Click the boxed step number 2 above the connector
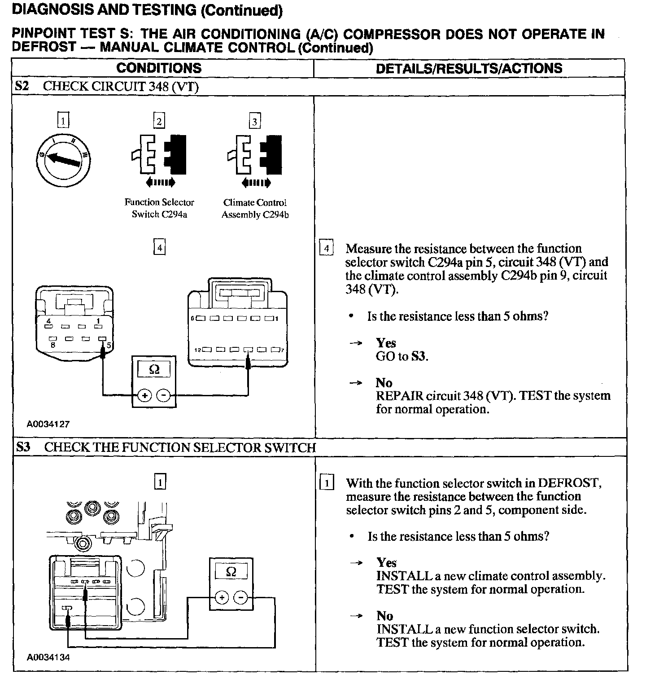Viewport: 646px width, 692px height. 159,121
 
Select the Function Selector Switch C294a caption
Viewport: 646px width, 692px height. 159,208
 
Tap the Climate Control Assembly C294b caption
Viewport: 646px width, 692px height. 255,208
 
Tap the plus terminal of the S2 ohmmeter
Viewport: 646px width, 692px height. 144,395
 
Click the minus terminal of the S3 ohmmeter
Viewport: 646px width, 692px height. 241,597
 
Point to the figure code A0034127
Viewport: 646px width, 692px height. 48,424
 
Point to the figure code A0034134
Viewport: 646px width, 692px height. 48,657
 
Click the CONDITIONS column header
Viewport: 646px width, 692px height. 159,68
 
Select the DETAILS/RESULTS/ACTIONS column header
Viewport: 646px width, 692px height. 469,68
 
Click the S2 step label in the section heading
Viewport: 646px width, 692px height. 22,86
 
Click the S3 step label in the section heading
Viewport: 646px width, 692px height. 23,447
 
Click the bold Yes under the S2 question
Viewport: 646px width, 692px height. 386,343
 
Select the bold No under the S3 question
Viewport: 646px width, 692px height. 384,615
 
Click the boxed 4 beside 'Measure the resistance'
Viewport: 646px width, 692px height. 326,249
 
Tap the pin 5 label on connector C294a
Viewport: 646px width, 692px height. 109,345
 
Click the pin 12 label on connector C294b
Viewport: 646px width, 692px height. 197,350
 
